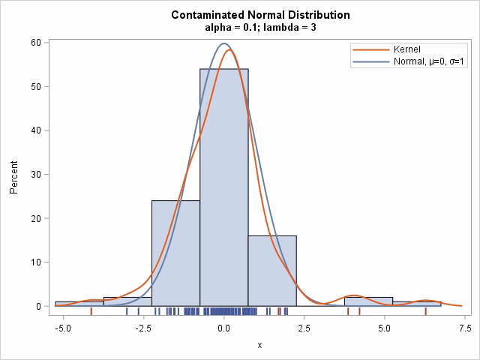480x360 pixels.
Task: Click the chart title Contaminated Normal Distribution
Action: click(x=250, y=15)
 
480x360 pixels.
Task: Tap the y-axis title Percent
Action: click(x=14, y=174)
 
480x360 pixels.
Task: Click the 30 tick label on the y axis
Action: click(x=34, y=174)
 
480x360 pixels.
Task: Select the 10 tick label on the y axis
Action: click(x=34, y=262)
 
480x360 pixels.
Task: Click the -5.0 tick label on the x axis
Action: click(x=63, y=328)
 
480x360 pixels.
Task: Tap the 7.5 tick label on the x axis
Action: click(x=465, y=328)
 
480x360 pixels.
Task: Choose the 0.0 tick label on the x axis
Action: click(x=224, y=328)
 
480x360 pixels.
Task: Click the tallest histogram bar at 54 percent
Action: click(x=224, y=187)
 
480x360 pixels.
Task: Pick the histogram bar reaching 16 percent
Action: click(x=272, y=271)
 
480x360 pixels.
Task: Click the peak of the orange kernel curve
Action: click(x=229, y=50)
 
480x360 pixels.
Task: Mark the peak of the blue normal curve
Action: click(x=223, y=43)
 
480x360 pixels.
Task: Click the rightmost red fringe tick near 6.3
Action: click(x=425, y=310)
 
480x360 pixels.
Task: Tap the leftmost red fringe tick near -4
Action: click(x=91, y=310)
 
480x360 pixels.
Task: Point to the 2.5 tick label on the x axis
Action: click(x=304, y=328)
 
